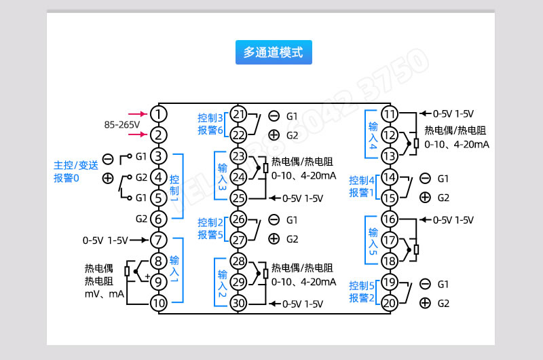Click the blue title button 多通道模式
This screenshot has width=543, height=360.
click(x=273, y=52)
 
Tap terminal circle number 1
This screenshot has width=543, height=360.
click(x=157, y=113)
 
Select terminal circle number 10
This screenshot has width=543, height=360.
click(x=157, y=303)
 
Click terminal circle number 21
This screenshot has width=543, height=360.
click(x=239, y=113)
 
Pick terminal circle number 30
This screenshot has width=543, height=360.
click(x=239, y=303)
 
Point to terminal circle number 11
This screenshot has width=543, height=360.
click(x=390, y=113)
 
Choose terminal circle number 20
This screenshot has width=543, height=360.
click(x=390, y=303)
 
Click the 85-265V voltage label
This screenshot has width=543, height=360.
click(x=121, y=125)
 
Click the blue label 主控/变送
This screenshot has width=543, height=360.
click(x=76, y=164)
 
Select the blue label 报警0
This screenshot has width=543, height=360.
click(x=67, y=179)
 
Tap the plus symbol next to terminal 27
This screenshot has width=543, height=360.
click(x=274, y=238)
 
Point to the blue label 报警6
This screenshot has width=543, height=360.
click(x=210, y=130)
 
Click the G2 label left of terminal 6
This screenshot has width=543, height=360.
click(x=141, y=219)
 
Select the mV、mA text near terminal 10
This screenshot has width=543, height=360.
click(x=104, y=295)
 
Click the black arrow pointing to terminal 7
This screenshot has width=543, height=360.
click(x=138, y=240)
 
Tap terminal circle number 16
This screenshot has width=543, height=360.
click(x=390, y=219)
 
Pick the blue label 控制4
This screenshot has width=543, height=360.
click(x=362, y=180)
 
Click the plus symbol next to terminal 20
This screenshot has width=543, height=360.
click(x=425, y=303)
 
